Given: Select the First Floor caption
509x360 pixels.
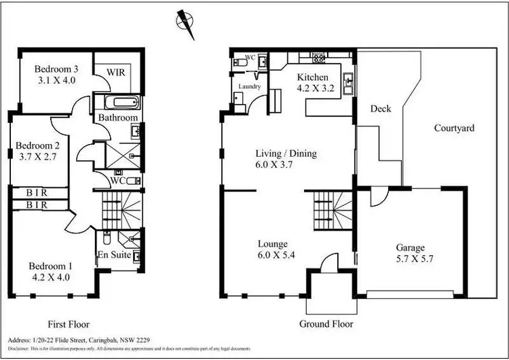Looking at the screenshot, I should coord(68,324).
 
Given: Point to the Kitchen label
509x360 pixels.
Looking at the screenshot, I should coord(313,77).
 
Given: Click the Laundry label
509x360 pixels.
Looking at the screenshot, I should coord(249,87).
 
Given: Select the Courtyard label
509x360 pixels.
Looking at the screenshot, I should coord(454,127).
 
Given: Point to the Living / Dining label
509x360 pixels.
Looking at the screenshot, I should coord(286,154).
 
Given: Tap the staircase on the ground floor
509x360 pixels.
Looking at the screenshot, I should coord(332,209).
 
